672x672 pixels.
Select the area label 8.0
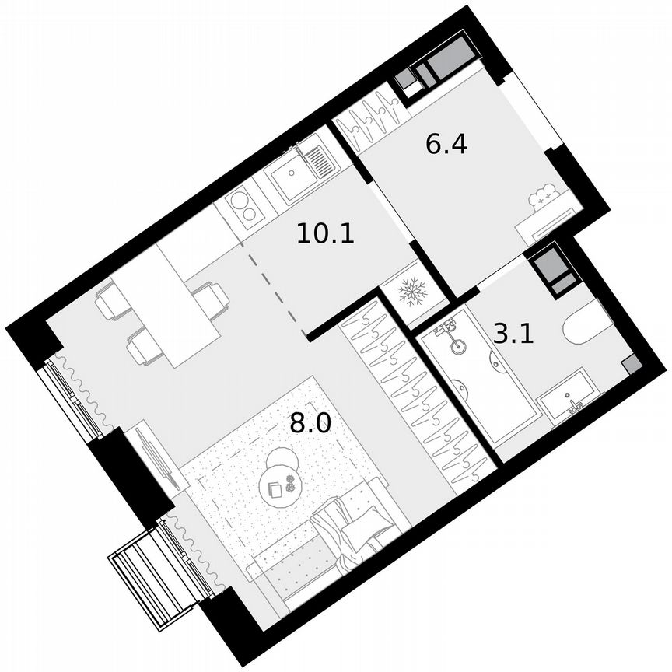click(310, 424)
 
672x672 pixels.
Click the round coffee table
click(282, 480)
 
